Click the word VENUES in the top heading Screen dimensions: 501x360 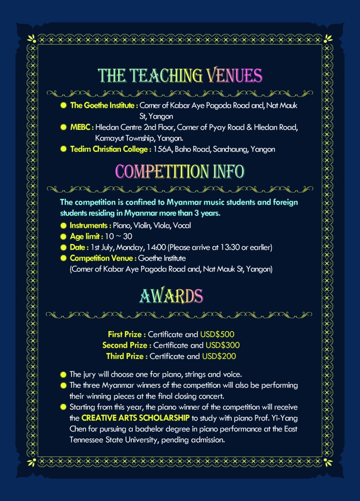[x=234, y=75]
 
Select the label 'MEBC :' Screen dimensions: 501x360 [x=82, y=127]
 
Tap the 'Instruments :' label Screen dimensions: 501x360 [x=91, y=226]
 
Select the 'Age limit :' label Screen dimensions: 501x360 [x=86, y=237]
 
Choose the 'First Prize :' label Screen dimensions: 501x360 [x=126, y=334]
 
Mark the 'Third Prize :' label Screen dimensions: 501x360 [x=127, y=356]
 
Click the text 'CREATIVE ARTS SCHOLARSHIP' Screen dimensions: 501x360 [x=135, y=418]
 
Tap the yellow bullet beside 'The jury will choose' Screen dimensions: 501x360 [x=63, y=375]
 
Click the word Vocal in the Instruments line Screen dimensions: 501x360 [x=182, y=226]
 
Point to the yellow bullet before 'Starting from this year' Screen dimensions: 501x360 [x=63, y=407]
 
